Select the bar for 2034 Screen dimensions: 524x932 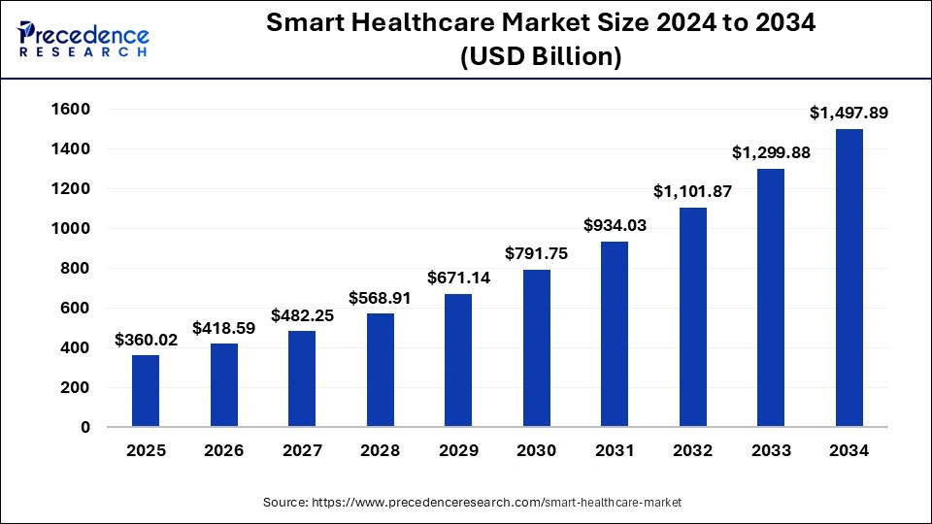(x=849, y=278)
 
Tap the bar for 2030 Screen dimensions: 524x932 (x=536, y=348)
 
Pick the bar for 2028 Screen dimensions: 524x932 (x=380, y=370)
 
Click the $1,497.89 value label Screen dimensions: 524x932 (x=849, y=114)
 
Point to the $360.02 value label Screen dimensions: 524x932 (x=146, y=340)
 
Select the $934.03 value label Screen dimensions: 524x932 (x=615, y=225)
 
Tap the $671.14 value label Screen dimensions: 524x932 (x=458, y=278)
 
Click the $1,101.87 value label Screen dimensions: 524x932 (x=692, y=192)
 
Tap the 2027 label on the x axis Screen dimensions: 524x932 (x=302, y=450)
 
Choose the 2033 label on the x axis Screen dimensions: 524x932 (x=771, y=450)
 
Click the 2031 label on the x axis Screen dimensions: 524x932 (x=615, y=450)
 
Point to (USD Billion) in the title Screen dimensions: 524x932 (x=542, y=57)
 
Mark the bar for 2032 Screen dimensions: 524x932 (x=692, y=317)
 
